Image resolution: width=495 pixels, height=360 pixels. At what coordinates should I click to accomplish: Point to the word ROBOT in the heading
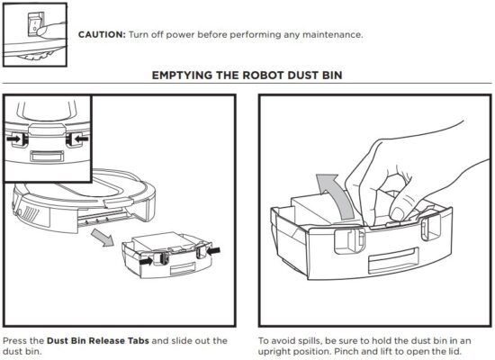coord(257,75)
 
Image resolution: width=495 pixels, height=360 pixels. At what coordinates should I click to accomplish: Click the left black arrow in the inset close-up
coord(15,139)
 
